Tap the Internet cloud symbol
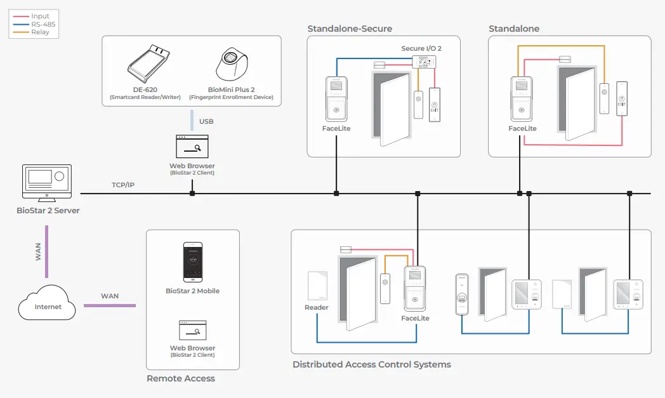click(x=48, y=304)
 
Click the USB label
click(x=206, y=121)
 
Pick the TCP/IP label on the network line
click(x=123, y=185)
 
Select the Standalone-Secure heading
click(x=350, y=29)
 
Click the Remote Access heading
click(x=181, y=378)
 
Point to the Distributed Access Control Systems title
click(x=372, y=364)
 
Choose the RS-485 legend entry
click(x=43, y=24)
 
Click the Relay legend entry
click(x=40, y=32)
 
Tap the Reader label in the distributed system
click(x=317, y=307)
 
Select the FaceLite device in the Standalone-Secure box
click(x=336, y=98)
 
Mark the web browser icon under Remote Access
click(x=192, y=330)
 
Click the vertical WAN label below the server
click(x=38, y=251)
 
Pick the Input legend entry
click(x=40, y=16)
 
